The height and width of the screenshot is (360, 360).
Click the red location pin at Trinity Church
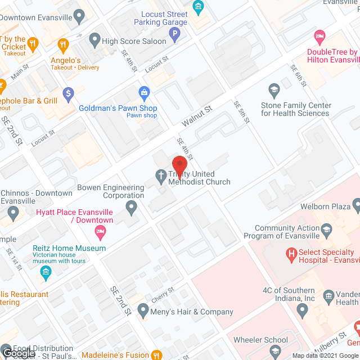click(x=179, y=165)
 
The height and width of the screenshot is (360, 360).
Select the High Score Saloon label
click(x=134, y=41)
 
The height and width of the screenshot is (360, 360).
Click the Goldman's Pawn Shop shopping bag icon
click(x=145, y=92)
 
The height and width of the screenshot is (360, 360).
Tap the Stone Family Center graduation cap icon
click(x=274, y=90)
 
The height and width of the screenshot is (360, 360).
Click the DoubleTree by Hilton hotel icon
click(x=319, y=38)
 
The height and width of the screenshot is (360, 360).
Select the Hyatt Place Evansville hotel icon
click(x=100, y=231)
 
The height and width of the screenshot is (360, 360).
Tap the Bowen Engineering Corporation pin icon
click(x=132, y=208)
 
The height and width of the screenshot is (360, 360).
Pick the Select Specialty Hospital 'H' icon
click(x=291, y=256)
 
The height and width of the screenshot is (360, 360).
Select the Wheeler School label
click(x=260, y=340)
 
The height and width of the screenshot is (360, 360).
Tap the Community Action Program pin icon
click(x=326, y=229)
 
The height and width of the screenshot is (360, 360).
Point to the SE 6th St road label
click(x=298, y=75)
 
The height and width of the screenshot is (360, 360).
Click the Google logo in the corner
click(x=17, y=353)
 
